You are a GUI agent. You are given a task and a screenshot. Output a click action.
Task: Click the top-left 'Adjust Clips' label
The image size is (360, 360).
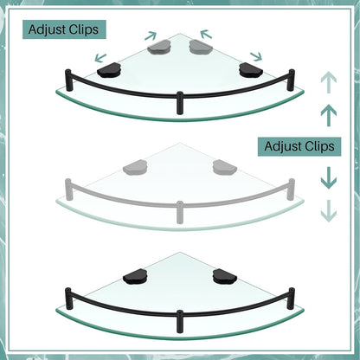pyautogui.click(x=64, y=29)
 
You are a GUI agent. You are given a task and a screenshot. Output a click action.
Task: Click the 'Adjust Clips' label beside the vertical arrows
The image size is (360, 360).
pyautogui.click(x=299, y=146)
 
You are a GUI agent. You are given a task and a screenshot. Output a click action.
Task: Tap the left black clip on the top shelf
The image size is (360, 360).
pyautogui.click(x=109, y=70)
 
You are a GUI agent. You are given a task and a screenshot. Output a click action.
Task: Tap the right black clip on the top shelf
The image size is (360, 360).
pyautogui.click(x=251, y=70)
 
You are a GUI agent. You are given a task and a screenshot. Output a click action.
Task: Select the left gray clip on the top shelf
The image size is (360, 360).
pyautogui.click(x=159, y=47)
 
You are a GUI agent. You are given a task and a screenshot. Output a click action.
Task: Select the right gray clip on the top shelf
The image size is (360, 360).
pyautogui.click(x=201, y=47)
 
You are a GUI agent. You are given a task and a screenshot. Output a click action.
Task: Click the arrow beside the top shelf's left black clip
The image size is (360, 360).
pyautogui.click(x=100, y=58)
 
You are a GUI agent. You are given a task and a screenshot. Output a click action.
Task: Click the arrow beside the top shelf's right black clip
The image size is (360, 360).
pyautogui.click(x=256, y=56)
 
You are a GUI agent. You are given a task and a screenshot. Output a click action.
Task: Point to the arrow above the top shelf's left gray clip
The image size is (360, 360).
pyautogui.click(x=151, y=35)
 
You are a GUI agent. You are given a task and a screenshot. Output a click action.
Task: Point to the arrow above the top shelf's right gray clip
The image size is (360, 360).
pyautogui.click(x=206, y=34)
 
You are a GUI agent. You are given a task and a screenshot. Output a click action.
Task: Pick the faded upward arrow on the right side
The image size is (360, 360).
pyautogui.click(x=329, y=82)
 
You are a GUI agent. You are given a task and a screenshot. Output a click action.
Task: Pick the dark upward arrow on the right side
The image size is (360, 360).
pyautogui.click(x=329, y=115)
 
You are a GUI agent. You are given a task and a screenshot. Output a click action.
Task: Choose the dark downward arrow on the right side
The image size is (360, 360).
pyautogui.click(x=329, y=178)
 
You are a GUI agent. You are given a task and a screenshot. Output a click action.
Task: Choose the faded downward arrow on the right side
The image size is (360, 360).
pyautogui.click(x=329, y=211)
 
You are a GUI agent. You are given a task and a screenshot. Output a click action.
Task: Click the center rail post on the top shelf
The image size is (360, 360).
pyautogui.click(x=180, y=103)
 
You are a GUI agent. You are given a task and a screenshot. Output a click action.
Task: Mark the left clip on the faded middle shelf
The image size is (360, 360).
pyautogui.click(x=135, y=167)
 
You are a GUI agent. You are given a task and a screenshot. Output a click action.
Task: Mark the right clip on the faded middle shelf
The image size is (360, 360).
pyautogui.click(x=225, y=167)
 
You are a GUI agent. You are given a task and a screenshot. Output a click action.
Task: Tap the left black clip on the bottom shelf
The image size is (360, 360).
pyautogui.click(x=135, y=276)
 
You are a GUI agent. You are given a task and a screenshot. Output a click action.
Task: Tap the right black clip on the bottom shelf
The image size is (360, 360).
pyautogui.click(x=225, y=276)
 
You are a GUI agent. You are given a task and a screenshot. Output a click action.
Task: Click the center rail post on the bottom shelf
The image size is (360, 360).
pyautogui.click(x=180, y=321)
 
